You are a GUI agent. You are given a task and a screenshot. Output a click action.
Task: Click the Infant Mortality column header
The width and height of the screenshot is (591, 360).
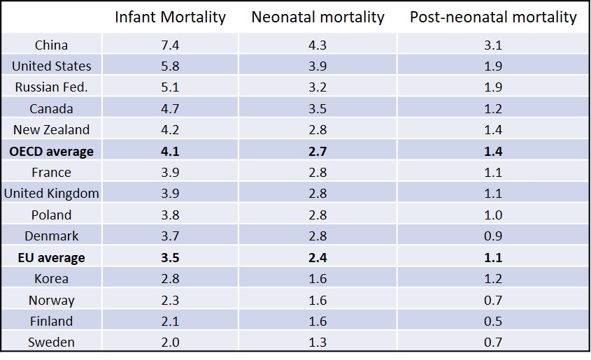(170, 17)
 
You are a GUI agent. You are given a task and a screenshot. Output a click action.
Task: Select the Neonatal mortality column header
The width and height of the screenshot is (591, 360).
(318, 17)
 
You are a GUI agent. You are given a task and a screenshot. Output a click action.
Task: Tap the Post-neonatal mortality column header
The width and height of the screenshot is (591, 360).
(493, 17)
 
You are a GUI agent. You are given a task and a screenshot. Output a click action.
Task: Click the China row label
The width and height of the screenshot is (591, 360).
(51, 45)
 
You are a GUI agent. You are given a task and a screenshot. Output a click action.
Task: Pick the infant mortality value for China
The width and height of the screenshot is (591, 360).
(170, 45)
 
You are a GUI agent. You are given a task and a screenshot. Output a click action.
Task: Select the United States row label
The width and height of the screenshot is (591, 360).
(51, 66)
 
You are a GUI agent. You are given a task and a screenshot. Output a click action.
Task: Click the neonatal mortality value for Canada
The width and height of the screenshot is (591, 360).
(318, 109)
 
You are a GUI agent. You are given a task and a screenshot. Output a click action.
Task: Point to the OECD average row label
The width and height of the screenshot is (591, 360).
(51, 152)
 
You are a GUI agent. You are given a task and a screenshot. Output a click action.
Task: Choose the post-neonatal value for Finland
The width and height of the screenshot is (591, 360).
(493, 322)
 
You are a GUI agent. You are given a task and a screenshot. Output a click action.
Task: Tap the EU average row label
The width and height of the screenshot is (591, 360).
(51, 258)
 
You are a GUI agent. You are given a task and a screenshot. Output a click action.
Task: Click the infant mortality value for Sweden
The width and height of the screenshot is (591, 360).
(170, 343)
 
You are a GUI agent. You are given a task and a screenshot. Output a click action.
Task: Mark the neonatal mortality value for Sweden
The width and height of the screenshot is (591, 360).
(318, 343)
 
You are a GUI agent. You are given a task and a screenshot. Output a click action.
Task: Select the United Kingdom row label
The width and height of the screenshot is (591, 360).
(51, 194)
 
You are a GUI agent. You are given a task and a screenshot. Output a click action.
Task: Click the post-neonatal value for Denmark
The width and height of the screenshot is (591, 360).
(493, 236)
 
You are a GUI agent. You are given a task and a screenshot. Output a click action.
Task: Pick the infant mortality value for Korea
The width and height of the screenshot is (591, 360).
(170, 279)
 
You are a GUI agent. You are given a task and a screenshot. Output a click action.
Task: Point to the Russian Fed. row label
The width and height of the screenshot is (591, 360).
(51, 88)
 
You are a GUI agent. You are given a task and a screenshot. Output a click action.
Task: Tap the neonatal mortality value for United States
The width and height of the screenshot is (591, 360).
(318, 66)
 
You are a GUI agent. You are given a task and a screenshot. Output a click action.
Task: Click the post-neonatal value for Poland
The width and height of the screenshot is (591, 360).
(493, 215)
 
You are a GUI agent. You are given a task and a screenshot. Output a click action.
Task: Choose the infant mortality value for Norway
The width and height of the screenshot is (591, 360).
(170, 301)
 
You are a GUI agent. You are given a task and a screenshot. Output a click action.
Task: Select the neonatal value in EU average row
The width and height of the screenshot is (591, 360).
(318, 258)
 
